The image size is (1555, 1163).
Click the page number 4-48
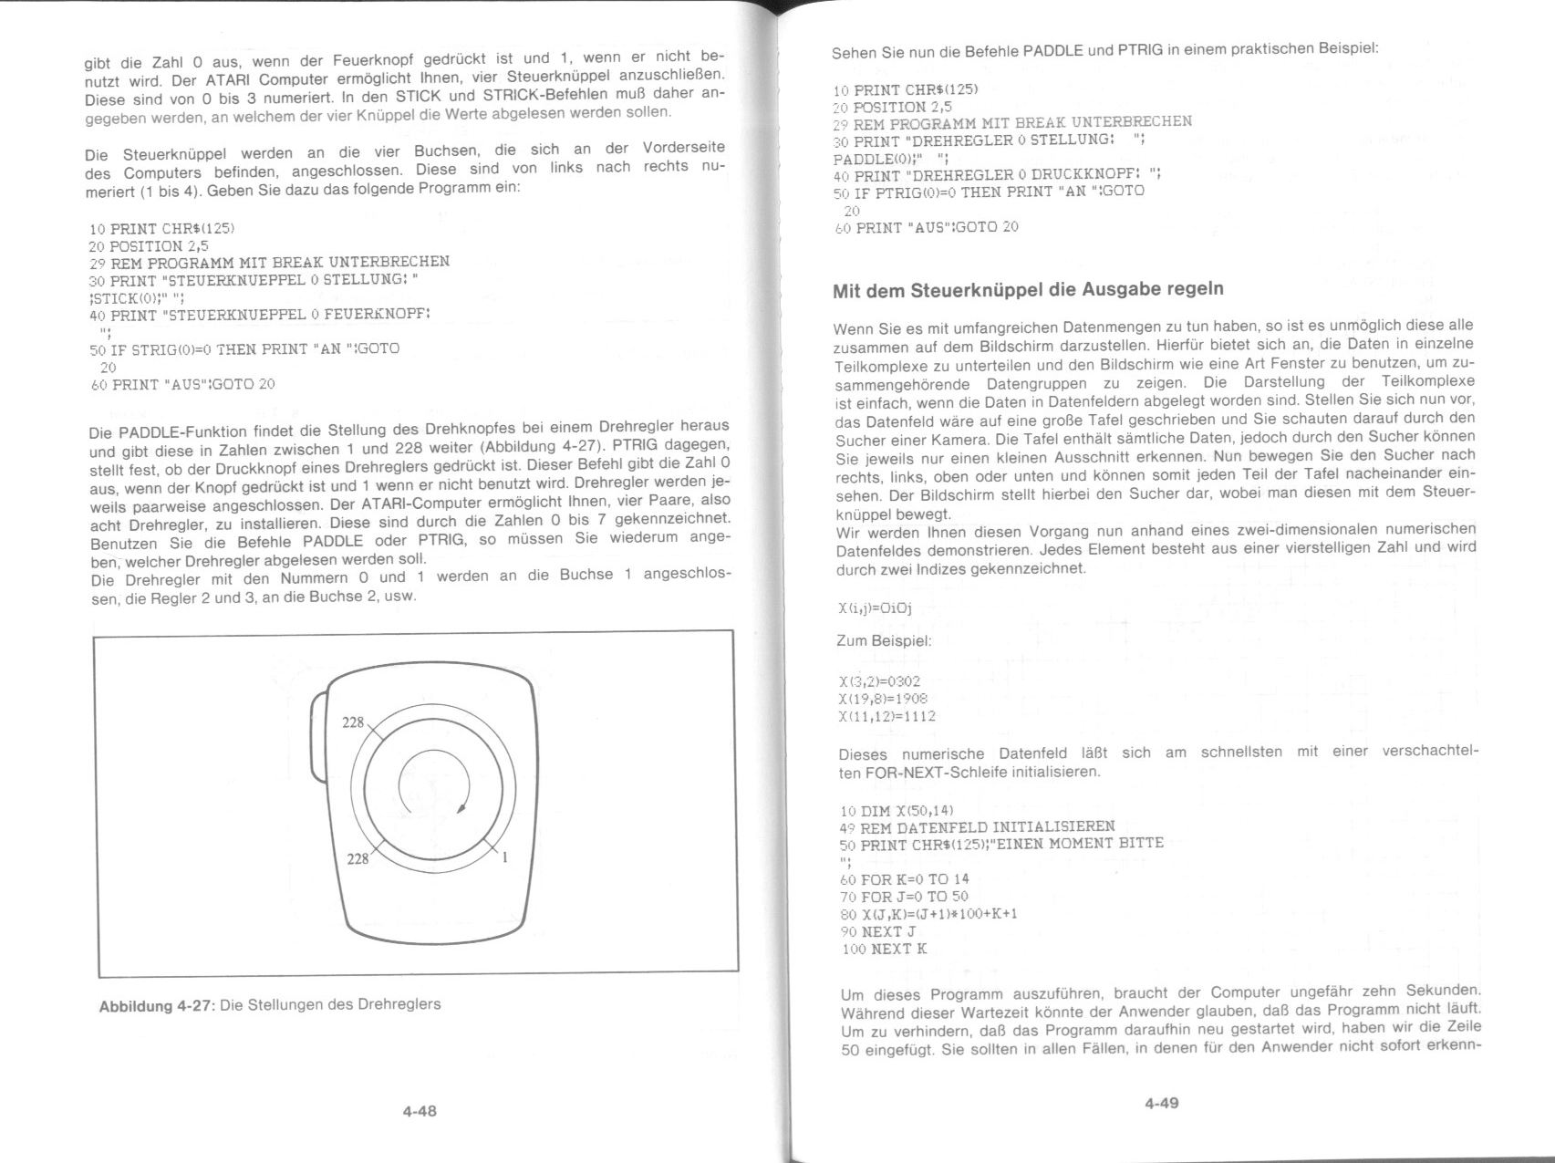pos(420,1111)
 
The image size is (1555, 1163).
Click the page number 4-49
pos(1162,1103)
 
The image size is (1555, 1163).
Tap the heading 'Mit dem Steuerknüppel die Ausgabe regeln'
pos(1028,290)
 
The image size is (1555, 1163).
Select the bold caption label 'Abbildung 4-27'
pos(156,1006)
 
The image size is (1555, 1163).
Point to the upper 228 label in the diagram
pos(353,723)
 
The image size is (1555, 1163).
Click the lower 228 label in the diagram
pos(358,858)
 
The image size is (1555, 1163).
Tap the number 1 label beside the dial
pos(504,857)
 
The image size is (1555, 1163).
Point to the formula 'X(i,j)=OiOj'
pos(875,608)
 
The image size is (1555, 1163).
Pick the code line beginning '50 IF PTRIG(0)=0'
pos(989,192)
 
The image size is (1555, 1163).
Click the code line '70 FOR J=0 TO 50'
pos(904,897)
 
